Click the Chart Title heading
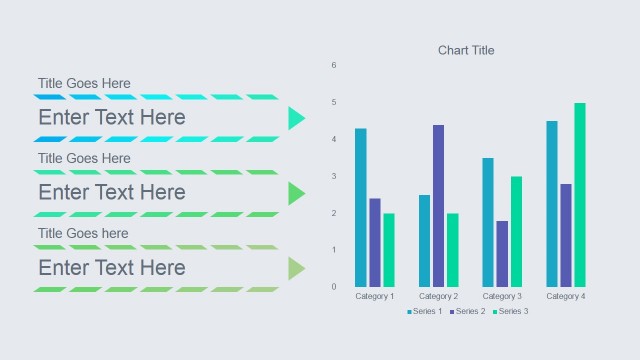click(x=466, y=50)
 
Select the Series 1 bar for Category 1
click(x=360, y=207)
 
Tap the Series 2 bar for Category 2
click(x=438, y=205)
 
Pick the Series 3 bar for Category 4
click(x=580, y=194)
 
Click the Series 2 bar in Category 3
click(x=502, y=253)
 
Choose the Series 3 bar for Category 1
click(x=388, y=249)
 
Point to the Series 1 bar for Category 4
click(x=552, y=203)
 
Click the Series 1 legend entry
click(x=425, y=312)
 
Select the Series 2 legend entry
click(x=468, y=312)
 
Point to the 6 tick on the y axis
click(x=334, y=66)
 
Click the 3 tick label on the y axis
click(x=334, y=177)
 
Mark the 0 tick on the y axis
click(x=334, y=287)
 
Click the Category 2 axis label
click(x=438, y=297)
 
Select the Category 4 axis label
click(x=566, y=297)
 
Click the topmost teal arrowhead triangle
click(x=295, y=118)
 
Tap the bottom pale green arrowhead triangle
click(x=295, y=268)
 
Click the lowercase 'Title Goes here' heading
click(x=84, y=233)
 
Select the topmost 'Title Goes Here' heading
click(x=84, y=83)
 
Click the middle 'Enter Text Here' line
click(x=112, y=192)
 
